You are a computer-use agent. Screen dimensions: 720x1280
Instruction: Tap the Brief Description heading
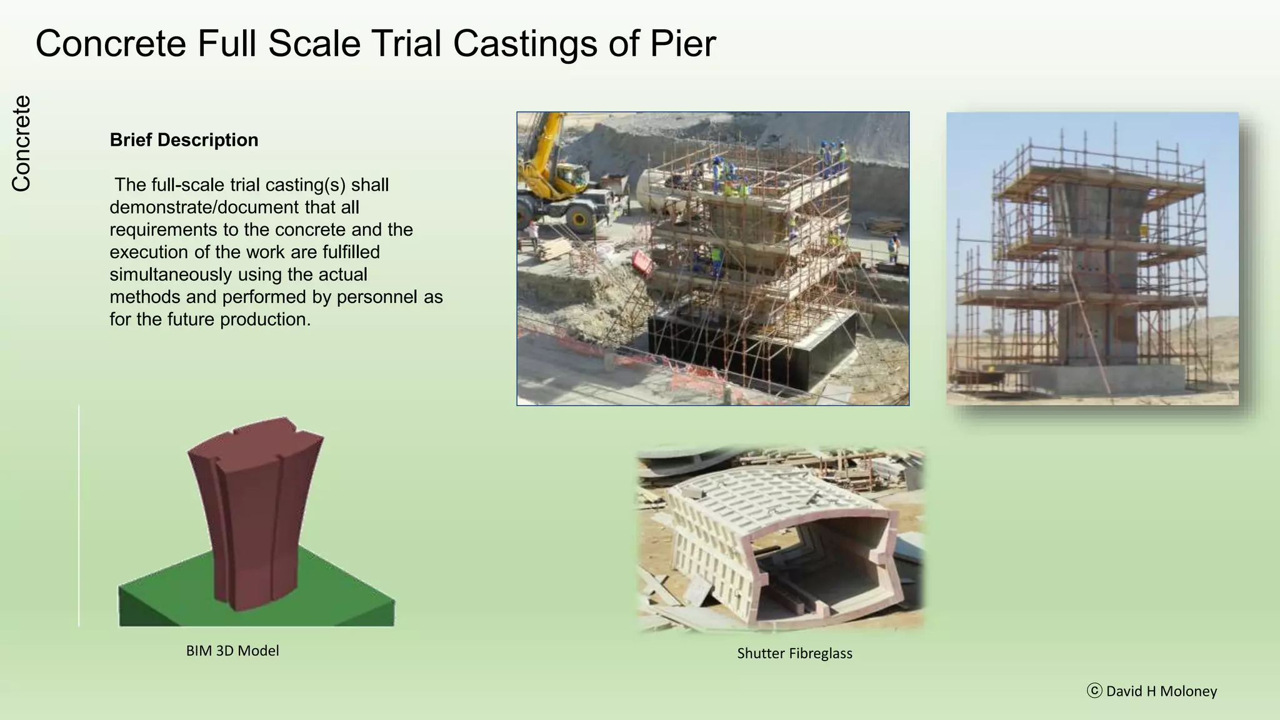[x=184, y=140]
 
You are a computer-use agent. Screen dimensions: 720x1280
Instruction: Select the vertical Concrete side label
[x=21, y=143]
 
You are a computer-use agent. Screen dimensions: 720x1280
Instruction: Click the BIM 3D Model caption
[x=232, y=651]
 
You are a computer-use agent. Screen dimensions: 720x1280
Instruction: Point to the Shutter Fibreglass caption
[x=794, y=653]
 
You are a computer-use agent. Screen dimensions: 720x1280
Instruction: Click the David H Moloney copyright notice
[x=1161, y=691]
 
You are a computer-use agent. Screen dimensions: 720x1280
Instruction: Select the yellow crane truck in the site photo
[x=562, y=181]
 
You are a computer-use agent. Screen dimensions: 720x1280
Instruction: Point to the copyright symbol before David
[x=1094, y=691]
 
